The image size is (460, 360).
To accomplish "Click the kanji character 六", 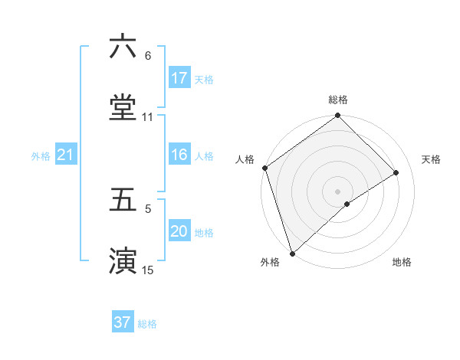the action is click(123, 47).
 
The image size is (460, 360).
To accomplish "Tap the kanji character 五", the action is click(123, 199).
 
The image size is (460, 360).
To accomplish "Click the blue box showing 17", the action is click(179, 78).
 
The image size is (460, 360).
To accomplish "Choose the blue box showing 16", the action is click(179, 155).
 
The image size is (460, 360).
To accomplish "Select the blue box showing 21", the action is click(66, 155).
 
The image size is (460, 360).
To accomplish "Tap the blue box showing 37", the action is click(123, 322).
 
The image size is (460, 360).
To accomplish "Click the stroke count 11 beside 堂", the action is click(147, 117).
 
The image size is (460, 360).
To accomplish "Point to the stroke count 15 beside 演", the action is click(147, 270).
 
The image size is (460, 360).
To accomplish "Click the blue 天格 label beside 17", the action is click(204, 79).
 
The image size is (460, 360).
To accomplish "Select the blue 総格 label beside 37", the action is click(147, 323).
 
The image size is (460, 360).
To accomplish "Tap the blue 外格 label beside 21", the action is click(41, 156).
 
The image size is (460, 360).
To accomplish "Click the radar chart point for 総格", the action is click(337, 116).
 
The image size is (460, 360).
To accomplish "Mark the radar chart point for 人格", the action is click(264, 168).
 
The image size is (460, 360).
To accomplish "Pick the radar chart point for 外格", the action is click(292, 253).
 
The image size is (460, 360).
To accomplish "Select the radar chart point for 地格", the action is click(347, 204).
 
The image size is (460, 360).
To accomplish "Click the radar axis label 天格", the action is click(432, 159).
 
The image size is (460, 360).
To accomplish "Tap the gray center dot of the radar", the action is click(337, 191).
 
